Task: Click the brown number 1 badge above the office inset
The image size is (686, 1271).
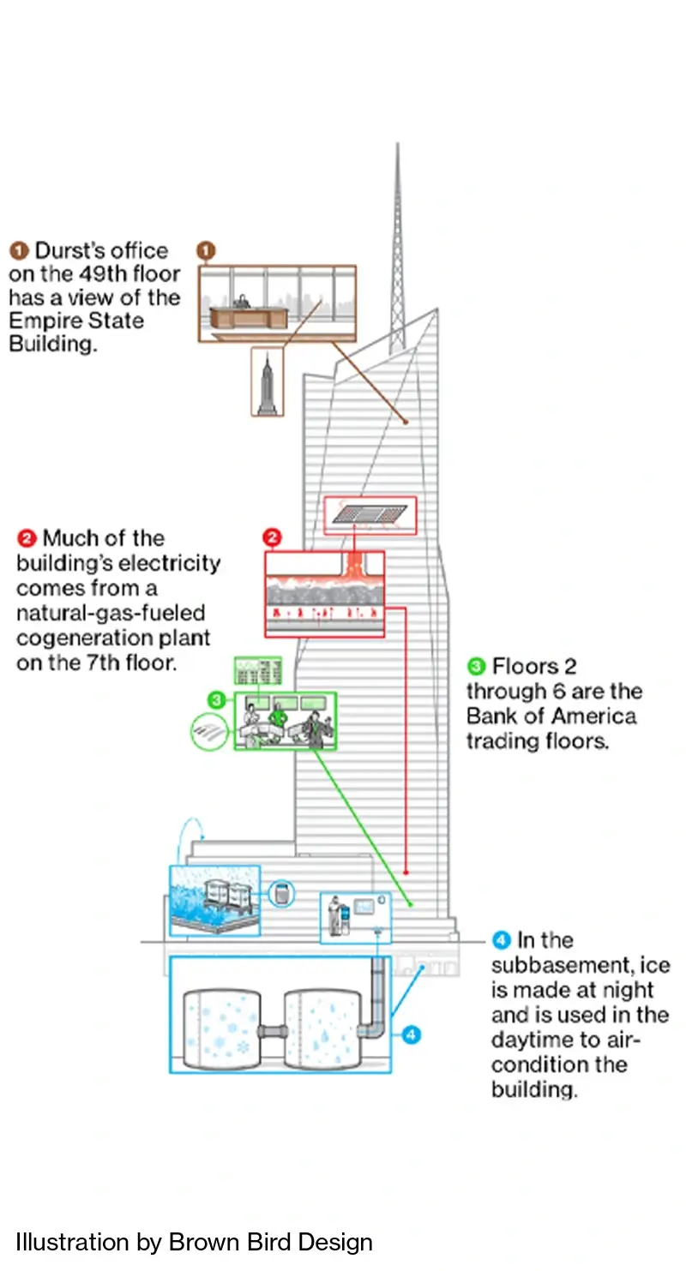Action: coord(206,251)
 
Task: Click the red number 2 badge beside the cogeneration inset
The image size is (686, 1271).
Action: coord(271,538)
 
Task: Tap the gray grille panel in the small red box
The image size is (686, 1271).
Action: coord(370,514)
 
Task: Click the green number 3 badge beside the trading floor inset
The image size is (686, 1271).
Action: coord(217,700)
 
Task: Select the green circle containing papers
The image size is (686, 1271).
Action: coord(211,731)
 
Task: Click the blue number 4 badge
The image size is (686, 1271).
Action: coord(411,1034)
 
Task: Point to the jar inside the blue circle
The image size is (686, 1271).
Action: coord(284,893)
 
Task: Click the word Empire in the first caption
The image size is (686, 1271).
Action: coord(37,321)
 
